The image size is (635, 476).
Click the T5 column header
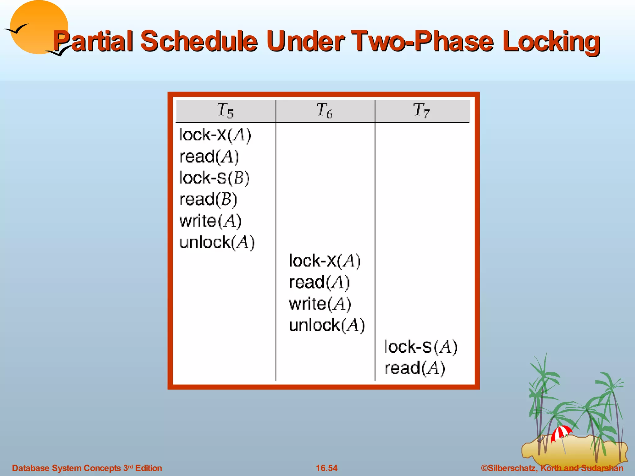pyautogui.click(x=225, y=111)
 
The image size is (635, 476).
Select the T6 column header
pyautogui.click(x=325, y=111)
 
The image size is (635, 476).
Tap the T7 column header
pyautogui.click(x=422, y=111)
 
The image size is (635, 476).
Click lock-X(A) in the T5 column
pyautogui.click(x=215, y=135)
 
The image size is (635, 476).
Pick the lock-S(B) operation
pyautogui.click(x=214, y=178)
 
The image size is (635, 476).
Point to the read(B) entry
pyautogui.click(x=208, y=199)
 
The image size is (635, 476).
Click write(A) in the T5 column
pyautogui.click(x=210, y=221)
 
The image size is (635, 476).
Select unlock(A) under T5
pyautogui.click(x=217, y=242)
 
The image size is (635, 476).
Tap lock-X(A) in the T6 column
pyautogui.click(x=325, y=261)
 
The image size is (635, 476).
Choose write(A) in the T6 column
pyautogui.click(x=320, y=304)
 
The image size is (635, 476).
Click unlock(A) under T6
pyautogui.click(x=327, y=325)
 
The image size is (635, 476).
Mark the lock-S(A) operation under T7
pyautogui.click(x=420, y=347)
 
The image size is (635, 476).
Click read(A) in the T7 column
pyautogui.click(x=415, y=368)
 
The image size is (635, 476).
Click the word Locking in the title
pyautogui.click(x=551, y=41)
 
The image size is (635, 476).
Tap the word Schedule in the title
pyautogui.click(x=199, y=41)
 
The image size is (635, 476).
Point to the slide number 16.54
pyautogui.click(x=326, y=468)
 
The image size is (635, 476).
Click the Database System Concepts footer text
pyautogui.click(x=87, y=468)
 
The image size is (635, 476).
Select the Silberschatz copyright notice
pyautogui.click(x=552, y=468)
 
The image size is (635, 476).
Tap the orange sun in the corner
pyautogui.click(x=39, y=26)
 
